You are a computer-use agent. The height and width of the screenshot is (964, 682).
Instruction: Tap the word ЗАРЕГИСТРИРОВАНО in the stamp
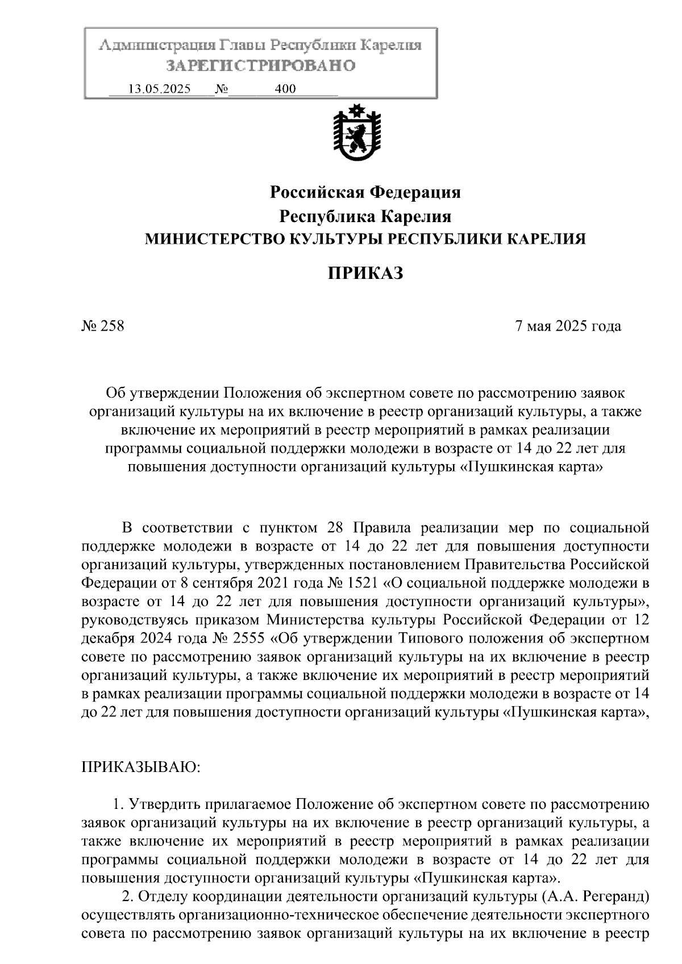point(261,66)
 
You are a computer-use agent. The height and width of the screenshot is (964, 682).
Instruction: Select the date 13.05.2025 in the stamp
point(160,89)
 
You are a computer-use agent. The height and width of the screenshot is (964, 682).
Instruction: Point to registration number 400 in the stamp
point(285,89)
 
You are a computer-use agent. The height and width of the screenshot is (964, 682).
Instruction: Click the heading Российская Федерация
point(365,193)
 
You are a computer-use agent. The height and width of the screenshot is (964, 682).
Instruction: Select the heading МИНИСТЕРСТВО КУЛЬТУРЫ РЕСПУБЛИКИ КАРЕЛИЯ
point(365,239)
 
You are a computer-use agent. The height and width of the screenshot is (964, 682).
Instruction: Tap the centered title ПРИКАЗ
point(365,274)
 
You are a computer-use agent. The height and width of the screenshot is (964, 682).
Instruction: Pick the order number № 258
point(103,326)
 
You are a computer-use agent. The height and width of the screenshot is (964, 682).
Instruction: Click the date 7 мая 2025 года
point(567,326)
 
